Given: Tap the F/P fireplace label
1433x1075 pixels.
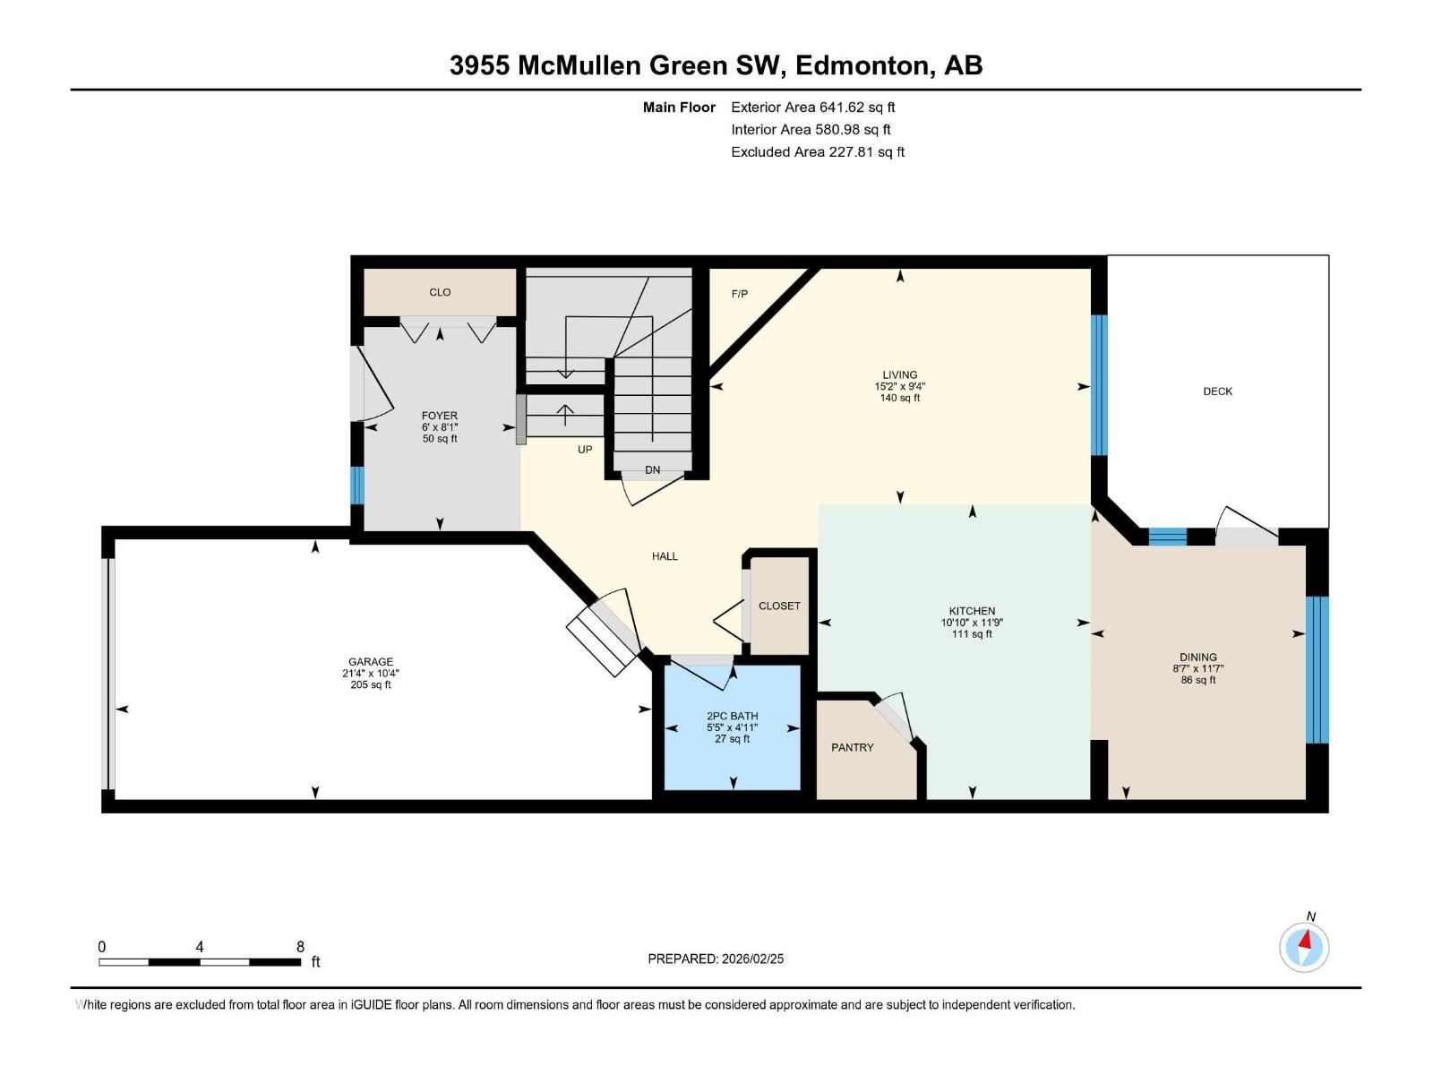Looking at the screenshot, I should (x=739, y=294).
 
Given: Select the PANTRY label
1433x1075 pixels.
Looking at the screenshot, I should (x=852, y=747).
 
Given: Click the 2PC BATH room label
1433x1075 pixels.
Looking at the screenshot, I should (x=732, y=716).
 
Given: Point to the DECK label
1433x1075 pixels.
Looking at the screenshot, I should (x=1217, y=391).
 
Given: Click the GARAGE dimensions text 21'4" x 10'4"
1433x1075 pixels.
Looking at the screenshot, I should (x=370, y=674).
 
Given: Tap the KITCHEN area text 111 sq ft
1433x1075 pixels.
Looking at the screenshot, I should (x=972, y=634).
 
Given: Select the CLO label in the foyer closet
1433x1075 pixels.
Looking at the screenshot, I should (x=440, y=292).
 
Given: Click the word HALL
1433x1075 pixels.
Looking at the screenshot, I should (x=665, y=556).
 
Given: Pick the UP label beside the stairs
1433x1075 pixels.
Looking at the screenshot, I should (x=585, y=450).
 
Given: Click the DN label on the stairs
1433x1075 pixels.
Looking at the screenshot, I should (x=652, y=470).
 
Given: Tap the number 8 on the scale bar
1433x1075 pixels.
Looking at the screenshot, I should (x=300, y=947).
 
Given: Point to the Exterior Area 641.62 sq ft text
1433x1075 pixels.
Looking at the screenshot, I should (x=812, y=107).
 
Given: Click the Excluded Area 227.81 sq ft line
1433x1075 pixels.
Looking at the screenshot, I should (x=817, y=152).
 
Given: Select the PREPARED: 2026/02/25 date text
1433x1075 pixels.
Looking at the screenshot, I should (x=716, y=959).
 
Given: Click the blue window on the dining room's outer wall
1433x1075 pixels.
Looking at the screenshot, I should (x=1316, y=669).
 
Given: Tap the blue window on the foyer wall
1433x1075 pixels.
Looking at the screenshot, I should (x=356, y=485).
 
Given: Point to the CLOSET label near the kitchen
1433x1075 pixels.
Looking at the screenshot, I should (x=779, y=606).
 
